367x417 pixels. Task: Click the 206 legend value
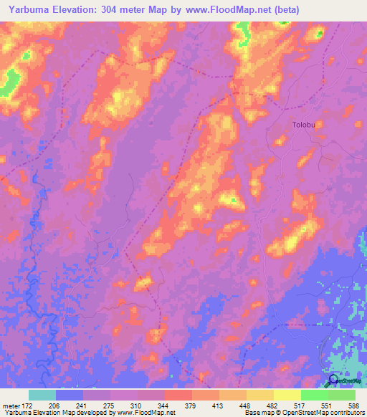pyautogui.click(x=53, y=406)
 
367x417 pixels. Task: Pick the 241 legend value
pyautogui.click(x=80, y=406)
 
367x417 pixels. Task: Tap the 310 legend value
pyautogui.click(x=135, y=406)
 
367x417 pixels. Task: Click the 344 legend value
pyautogui.click(x=162, y=406)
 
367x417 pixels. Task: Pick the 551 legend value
pyautogui.click(x=325, y=406)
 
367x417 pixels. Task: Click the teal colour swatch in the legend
pyautogui.click(x=42, y=395)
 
